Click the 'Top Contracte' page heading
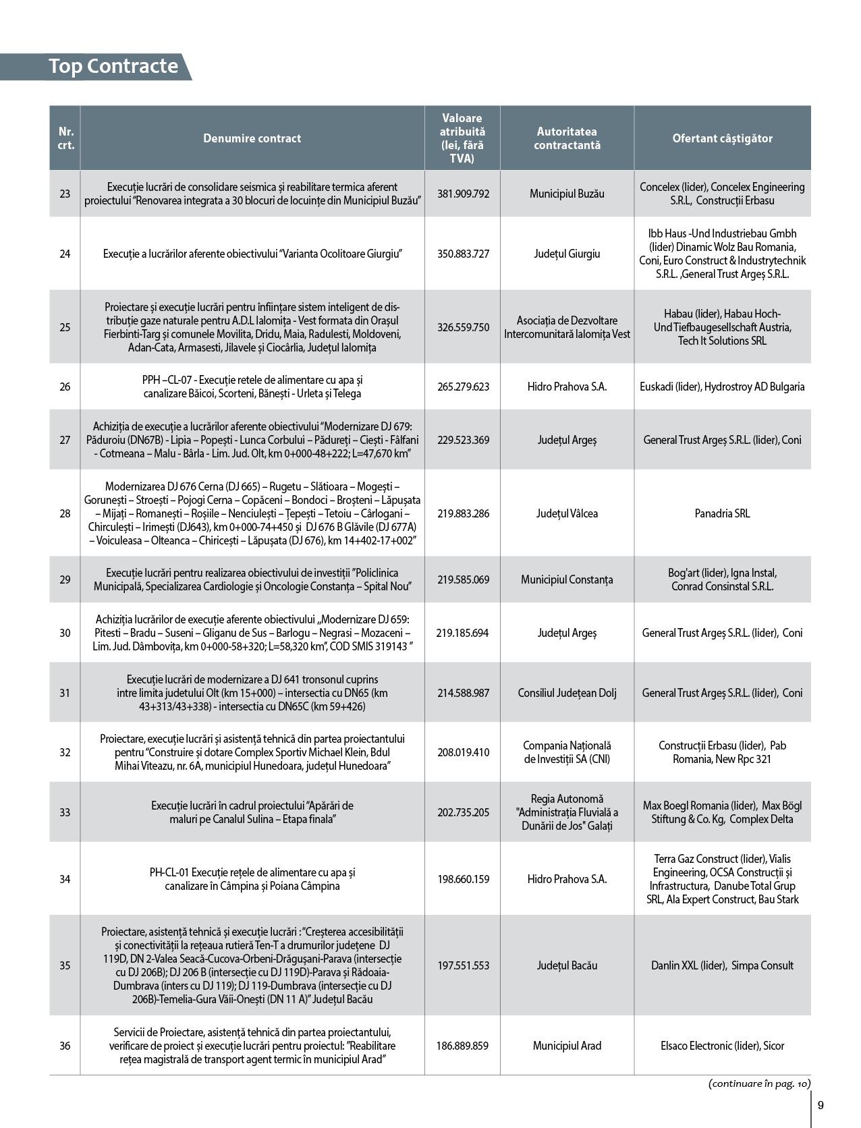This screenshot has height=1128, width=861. pyautogui.click(x=113, y=66)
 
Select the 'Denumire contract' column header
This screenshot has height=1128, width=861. pyautogui.click(x=252, y=138)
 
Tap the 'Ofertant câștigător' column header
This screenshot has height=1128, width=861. pyautogui.click(x=722, y=138)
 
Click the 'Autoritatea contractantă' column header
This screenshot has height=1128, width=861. pyautogui.click(x=567, y=138)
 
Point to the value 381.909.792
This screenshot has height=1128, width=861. pyautogui.click(x=463, y=194)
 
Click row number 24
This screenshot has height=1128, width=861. pyautogui.click(x=65, y=254)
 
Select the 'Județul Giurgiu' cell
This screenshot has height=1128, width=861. pyautogui.click(x=567, y=254)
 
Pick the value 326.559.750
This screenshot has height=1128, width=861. pyautogui.click(x=463, y=327)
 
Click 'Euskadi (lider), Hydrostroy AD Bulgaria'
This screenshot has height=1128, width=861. pyautogui.click(x=722, y=387)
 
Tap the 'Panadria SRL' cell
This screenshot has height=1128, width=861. pyautogui.click(x=722, y=513)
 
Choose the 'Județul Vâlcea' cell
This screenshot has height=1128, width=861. pyautogui.click(x=567, y=513)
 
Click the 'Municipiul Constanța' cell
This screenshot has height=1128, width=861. pyautogui.click(x=567, y=580)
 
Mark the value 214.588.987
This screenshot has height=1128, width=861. pyautogui.click(x=463, y=693)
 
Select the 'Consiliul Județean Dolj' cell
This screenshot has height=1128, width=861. pyautogui.click(x=567, y=693)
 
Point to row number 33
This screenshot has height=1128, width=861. pyautogui.click(x=65, y=812)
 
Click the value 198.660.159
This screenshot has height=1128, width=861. pyautogui.click(x=463, y=879)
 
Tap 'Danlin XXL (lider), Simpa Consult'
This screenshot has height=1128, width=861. pyautogui.click(x=722, y=965)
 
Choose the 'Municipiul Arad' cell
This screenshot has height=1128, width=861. pyautogui.click(x=567, y=1046)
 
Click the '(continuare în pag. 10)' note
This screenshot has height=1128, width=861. pyautogui.click(x=759, y=1083)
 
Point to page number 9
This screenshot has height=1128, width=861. pyautogui.click(x=821, y=1105)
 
